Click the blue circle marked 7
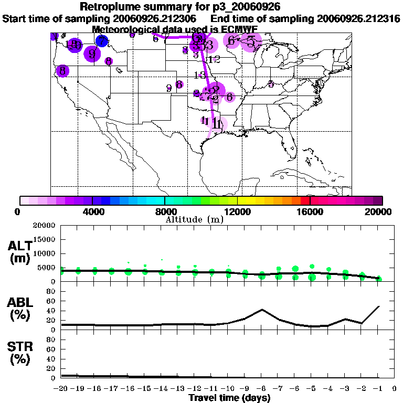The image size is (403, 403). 102,40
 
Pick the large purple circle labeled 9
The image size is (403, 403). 92,54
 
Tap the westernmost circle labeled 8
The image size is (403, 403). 62,70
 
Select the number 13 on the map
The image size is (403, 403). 200,75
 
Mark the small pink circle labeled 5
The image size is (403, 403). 271,84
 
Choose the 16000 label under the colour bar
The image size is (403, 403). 310,211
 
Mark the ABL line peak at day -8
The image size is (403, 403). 261,310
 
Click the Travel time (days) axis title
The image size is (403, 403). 229,398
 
